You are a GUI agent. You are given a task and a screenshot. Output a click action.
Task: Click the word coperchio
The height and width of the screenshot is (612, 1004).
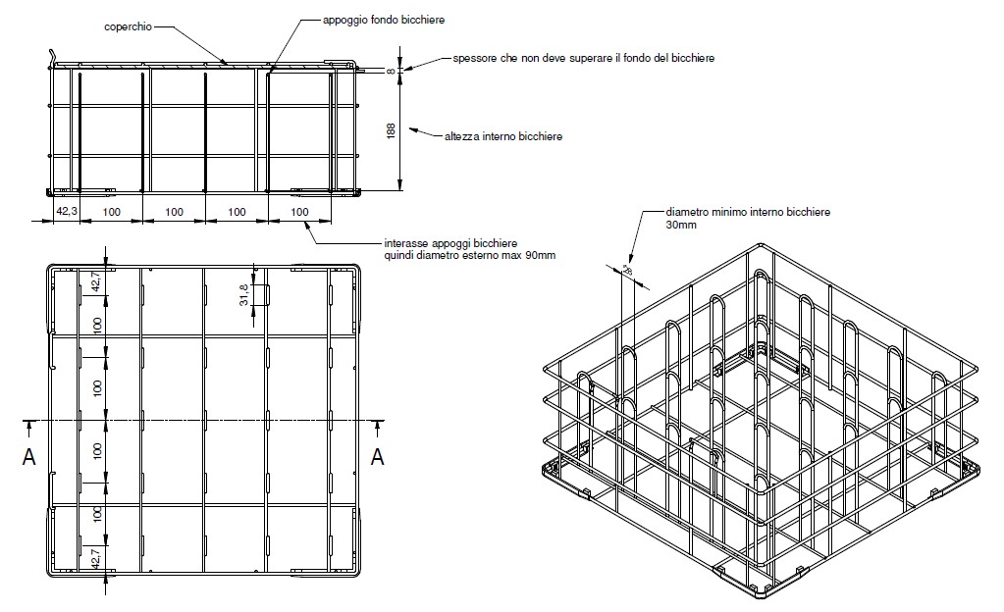pyautogui.click(x=128, y=26)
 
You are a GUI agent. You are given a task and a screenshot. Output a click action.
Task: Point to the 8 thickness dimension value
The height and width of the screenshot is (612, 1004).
pyautogui.click(x=390, y=71)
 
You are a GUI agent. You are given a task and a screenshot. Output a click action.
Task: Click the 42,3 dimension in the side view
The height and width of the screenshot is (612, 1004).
pyautogui.click(x=66, y=211)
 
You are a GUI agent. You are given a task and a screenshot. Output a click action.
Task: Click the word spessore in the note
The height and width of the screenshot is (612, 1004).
pyautogui.click(x=475, y=59)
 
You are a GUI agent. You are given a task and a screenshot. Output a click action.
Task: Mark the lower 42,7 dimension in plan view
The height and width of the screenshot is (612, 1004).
pyautogui.click(x=96, y=557)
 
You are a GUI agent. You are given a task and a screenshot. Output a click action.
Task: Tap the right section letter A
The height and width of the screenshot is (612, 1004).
pyautogui.click(x=376, y=456)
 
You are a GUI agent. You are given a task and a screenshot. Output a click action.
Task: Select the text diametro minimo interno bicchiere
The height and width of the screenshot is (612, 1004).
pyautogui.click(x=748, y=211)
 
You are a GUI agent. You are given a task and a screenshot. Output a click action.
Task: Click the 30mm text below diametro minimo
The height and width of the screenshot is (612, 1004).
pyautogui.click(x=681, y=225)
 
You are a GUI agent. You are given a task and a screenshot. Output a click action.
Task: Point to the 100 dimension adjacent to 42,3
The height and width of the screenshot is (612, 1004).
pyautogui.click(x=110, y=211)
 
